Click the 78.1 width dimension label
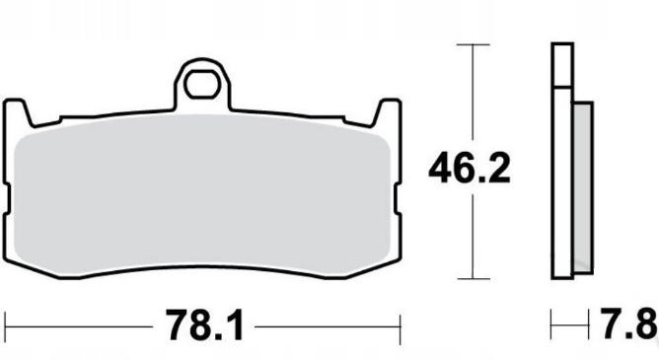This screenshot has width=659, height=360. (x=205, y=325)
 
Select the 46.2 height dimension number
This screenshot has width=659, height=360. (x=470, y=168)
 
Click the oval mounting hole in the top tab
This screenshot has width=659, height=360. (x=202, y=85)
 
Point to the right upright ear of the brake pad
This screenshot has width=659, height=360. (x=387, y=112)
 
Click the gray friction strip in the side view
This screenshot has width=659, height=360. (x=583, y=187)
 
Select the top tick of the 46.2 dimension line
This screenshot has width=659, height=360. (x=474, y=44)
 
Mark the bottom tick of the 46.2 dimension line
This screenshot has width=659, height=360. (x=474, y=278)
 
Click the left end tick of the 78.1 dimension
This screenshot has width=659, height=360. (x=5, y=326)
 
